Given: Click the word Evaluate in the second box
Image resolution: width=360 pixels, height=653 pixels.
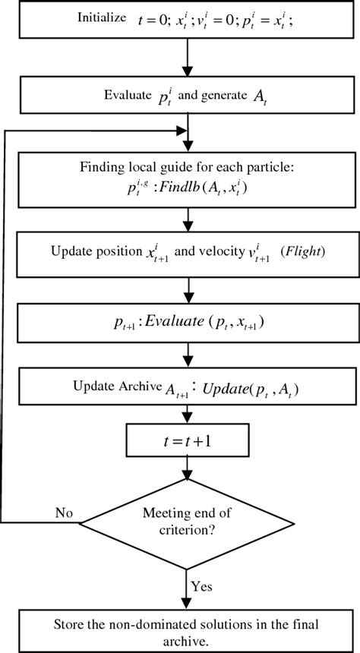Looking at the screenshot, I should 128,95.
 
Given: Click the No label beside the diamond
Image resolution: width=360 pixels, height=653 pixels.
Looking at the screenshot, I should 64,513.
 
